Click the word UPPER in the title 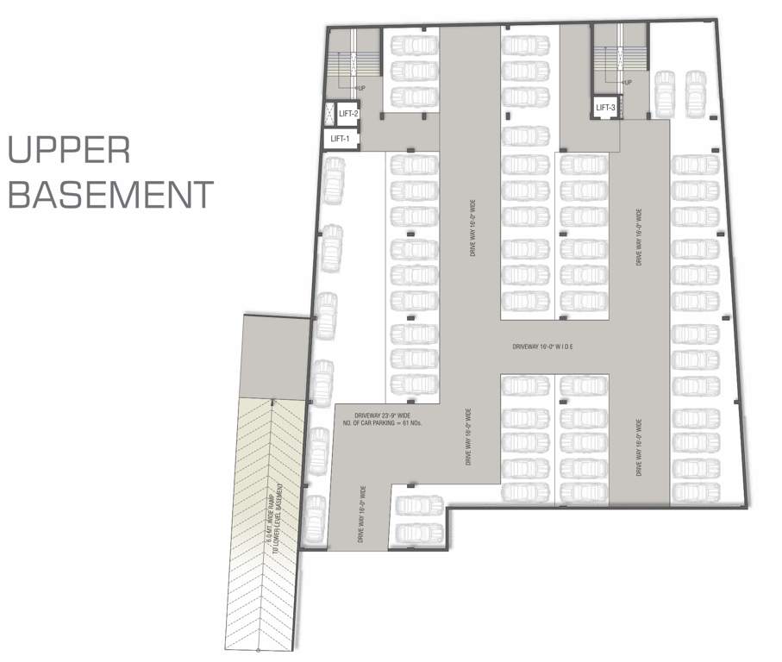click(x=69, y=152)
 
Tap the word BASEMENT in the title click(x=109, y=195)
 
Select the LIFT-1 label click(x=340, y=139)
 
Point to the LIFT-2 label click(x=348, y=113)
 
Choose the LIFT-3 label click(x=605, y=107)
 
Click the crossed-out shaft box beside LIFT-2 click(x=328, y=113)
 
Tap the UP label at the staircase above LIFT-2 click(x=360, y=88)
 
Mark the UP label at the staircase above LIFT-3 click(x=628, y=83)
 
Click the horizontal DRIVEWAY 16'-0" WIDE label click(x=542, y=347)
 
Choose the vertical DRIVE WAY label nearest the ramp click(x=360, y=514)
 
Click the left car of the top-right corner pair click(x=665, y=92)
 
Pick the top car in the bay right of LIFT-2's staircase click(x=413, y=45)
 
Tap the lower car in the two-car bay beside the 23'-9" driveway click(x=418, y=532)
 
